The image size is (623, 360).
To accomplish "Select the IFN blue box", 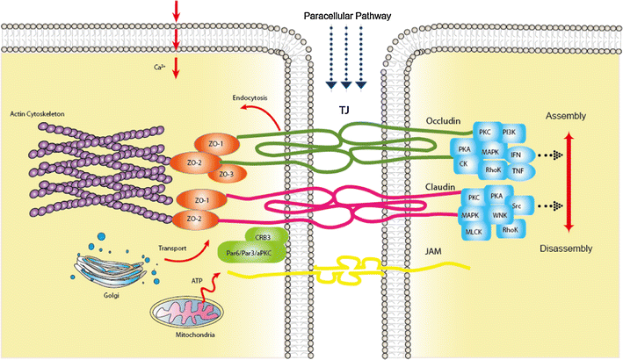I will (x=516, y=154).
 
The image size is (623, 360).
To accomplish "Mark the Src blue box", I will (x=515, y=204).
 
